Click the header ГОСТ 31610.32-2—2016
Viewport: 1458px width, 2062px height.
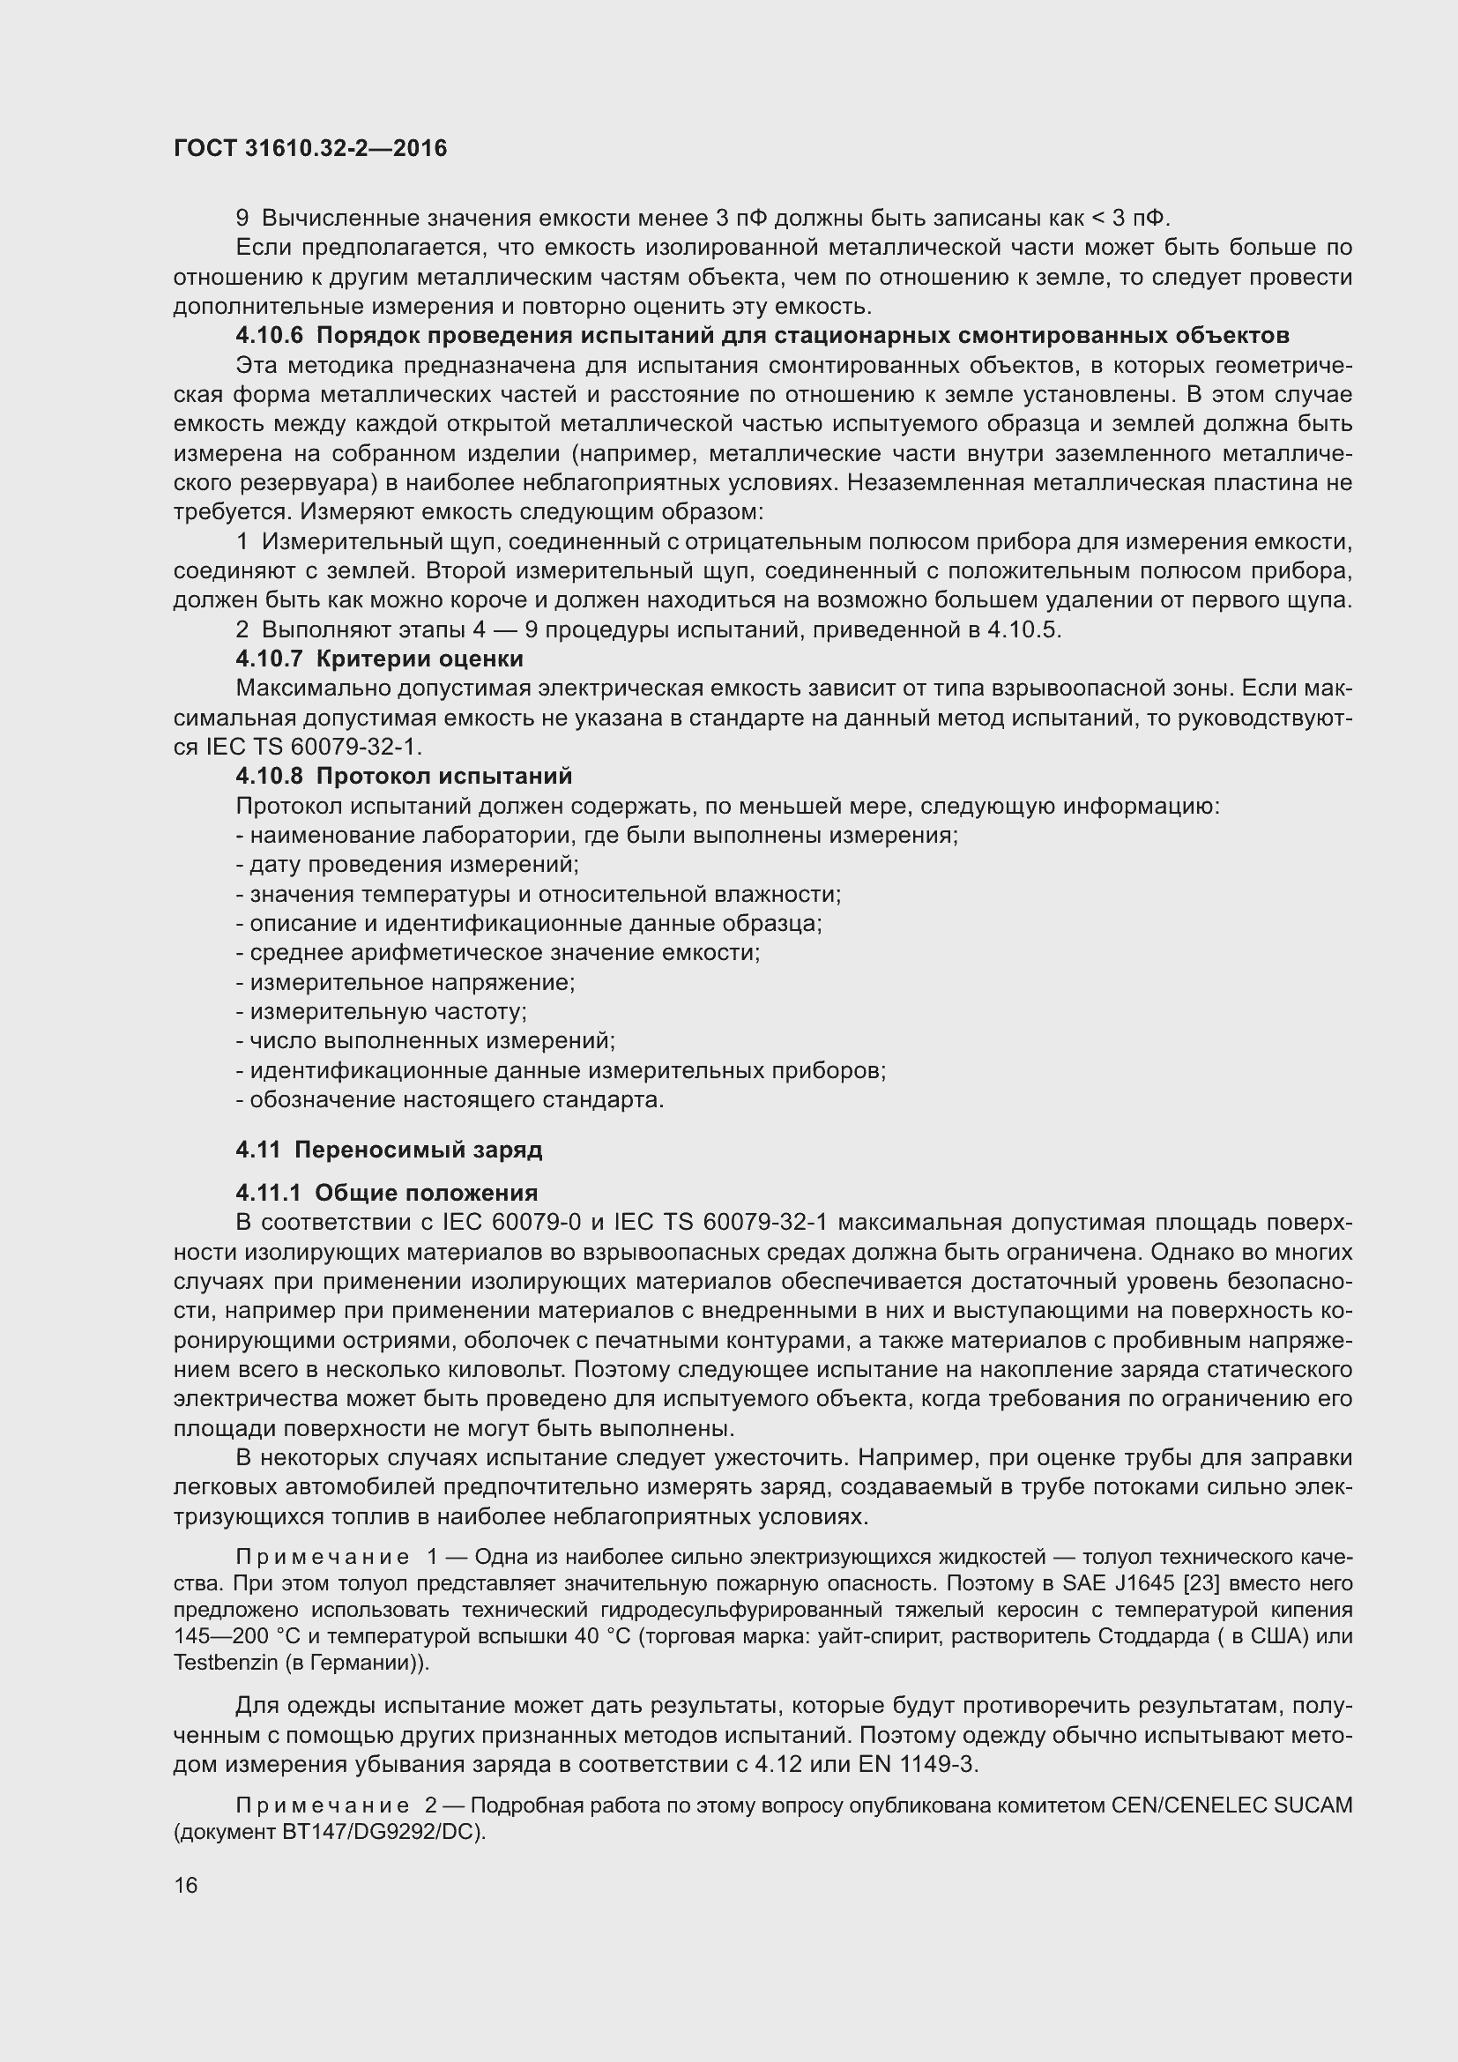coord(309,149)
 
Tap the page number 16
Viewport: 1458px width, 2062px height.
coord(186,1885)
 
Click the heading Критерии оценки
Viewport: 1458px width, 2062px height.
coord(420,659)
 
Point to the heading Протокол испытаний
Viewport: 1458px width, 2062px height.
coord(443,776)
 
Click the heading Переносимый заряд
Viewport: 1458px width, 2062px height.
coord(419,1150)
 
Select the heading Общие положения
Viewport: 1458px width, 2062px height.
coord(426,1193)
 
